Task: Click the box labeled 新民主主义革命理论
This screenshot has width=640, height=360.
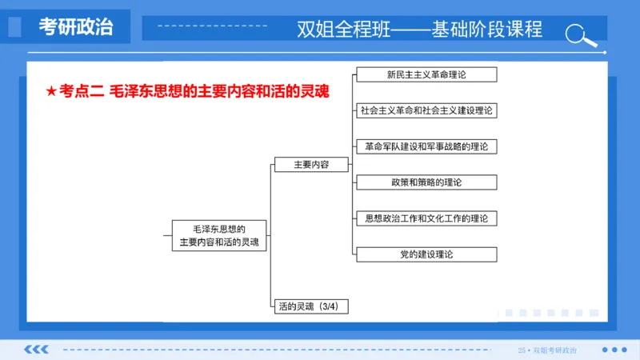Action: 426,74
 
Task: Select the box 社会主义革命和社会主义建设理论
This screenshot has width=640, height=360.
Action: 426,110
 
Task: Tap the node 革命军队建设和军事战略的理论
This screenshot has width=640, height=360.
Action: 426,146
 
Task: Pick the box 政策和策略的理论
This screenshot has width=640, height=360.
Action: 426,182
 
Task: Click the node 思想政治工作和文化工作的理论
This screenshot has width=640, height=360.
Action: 426,218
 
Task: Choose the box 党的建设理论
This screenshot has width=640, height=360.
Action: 426,254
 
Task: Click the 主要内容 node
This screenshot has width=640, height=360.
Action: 311,165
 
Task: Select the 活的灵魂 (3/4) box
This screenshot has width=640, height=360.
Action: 310,306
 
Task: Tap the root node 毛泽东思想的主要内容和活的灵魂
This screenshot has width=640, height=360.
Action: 219,235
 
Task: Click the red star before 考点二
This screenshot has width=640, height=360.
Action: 52,92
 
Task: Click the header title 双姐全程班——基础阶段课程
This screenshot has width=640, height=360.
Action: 419,30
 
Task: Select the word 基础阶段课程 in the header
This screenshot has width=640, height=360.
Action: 486,30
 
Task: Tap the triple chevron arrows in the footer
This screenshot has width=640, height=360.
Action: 36,350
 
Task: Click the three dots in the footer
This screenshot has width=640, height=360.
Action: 614,350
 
